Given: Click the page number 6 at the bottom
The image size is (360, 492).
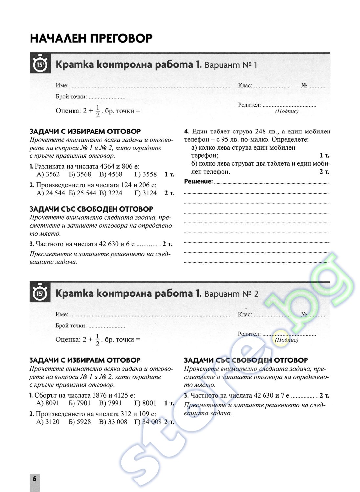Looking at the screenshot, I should point(34,479).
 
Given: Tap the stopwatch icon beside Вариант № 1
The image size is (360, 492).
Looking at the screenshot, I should point(40,64).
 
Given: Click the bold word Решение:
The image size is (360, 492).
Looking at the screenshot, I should point(198,182).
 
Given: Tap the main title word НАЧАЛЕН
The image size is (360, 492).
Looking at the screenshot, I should point(59,38).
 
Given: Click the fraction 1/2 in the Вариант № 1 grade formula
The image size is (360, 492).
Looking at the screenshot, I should point(98,111).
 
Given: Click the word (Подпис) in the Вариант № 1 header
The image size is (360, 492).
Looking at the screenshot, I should point(287,111).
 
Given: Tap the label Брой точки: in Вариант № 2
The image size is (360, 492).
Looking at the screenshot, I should point(71,326).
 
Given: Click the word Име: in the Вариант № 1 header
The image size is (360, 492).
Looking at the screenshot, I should point(62,86).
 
